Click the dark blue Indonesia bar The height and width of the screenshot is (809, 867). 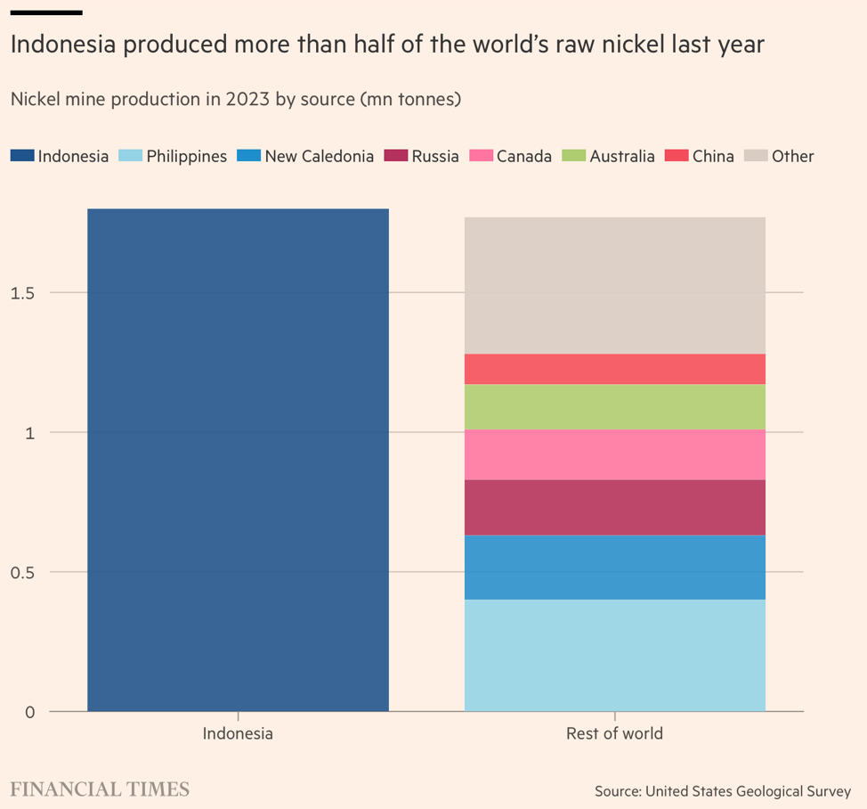[x=238, y=460]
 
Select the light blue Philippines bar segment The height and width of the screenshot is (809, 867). [x=614, y=655]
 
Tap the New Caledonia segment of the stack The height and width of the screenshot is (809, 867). [x=614, y=567]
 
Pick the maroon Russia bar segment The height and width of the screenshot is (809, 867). [x=614, y=507]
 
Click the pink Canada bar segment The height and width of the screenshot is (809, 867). [x=614, y=454]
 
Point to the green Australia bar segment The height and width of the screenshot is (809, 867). [x=614, y=406]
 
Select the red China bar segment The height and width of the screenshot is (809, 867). [x=614, y=369]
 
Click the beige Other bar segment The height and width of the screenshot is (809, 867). [x=614, y=285]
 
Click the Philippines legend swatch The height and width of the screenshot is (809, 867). [x=130, y=156]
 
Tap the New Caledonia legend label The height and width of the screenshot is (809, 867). [x=319, y=156]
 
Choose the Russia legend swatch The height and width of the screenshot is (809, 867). [x=395, y=156]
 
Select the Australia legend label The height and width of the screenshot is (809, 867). [x=621, y=156]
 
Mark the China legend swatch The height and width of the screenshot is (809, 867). [x=677, y=156]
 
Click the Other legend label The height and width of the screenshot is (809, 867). [x=792, y=156]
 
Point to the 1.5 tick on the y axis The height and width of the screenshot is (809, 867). [x=22, y=293]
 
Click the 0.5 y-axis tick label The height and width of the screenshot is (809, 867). [x=22, y=572]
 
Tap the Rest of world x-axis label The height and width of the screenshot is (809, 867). [x=614, y=734]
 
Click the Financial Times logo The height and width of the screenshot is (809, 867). [x=100, y=789]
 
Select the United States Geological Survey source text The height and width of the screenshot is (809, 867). [x=748, y=790]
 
